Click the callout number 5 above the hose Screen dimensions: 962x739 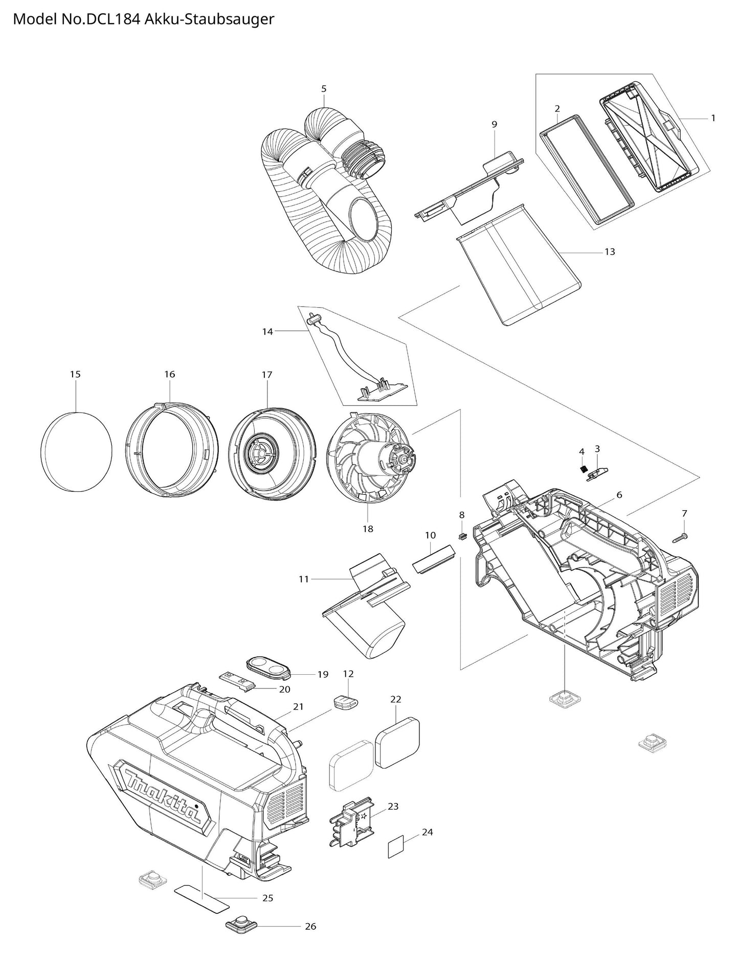tap(324, 89)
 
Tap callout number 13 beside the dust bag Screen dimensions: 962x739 tap(610, 251)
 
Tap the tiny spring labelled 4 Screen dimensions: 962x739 tap(583, 469)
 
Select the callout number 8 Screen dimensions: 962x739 tap(462, 515)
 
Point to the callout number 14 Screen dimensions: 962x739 tap(267, 331)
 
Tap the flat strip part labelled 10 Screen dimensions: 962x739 tap(433, 559)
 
